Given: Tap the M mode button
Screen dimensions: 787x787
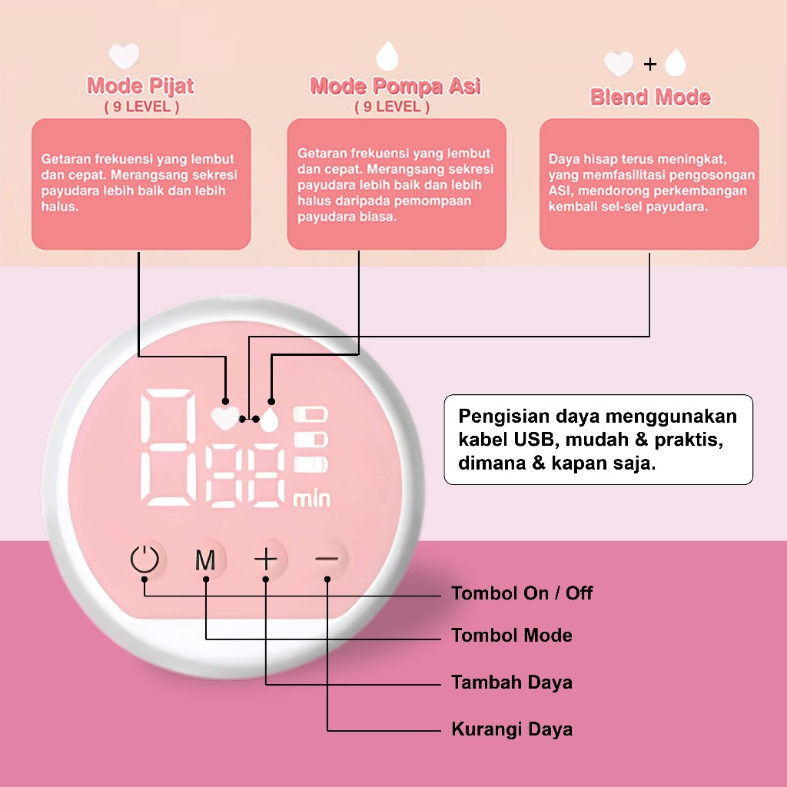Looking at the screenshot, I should click(x=205, y=560).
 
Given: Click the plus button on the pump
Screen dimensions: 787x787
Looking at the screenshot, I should click(x=266, y=560).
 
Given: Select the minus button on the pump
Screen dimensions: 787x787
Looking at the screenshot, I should click(x=327, y=560).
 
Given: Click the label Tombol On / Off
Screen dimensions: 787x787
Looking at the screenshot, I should click(x=522, y=593).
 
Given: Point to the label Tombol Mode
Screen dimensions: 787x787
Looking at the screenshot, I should click(x=511, y=636).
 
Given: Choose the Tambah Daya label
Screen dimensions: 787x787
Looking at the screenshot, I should click(x=511, y=682).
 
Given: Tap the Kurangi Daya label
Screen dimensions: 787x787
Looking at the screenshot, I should click(x=511, y=729).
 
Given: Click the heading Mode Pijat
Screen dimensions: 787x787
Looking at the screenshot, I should click(x=141, y=85).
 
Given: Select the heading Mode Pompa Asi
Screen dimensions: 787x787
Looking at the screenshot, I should click(x=395, y=85).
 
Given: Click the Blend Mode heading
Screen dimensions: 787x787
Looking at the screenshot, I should click(x=650, y=97).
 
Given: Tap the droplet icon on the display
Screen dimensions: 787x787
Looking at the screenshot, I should click(x=269, y=420).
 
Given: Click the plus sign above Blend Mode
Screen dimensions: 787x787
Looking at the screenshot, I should click(x=650, y=64).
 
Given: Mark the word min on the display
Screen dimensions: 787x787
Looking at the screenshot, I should click(x=312, y=499).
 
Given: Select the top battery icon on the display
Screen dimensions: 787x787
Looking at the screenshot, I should click(x=311, y=414).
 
